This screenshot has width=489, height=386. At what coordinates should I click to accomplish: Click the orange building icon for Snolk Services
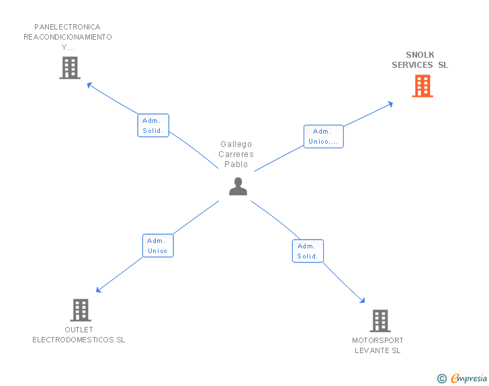423,86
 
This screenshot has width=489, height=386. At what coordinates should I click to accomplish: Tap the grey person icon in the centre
238,187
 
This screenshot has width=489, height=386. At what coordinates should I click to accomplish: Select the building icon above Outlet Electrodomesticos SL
81,310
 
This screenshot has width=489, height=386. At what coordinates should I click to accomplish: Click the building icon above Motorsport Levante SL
380,321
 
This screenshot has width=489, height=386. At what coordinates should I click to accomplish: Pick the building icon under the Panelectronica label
70,68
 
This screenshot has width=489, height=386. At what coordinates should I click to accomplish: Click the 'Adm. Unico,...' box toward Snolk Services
323,137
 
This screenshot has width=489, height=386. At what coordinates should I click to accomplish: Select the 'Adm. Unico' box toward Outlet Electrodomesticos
158,246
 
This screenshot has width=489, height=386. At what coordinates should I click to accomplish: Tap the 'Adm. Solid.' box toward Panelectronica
153,126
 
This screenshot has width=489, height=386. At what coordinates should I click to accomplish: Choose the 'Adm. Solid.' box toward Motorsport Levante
308,251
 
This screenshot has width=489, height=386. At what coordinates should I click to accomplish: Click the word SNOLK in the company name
420,55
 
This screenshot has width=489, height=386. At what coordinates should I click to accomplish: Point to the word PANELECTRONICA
67,27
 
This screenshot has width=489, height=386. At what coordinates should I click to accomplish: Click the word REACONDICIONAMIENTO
68,37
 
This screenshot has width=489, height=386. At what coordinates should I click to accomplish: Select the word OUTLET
79,330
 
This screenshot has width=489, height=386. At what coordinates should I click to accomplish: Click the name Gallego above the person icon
236,144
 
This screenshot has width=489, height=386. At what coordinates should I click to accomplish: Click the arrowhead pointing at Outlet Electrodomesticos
99,290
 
